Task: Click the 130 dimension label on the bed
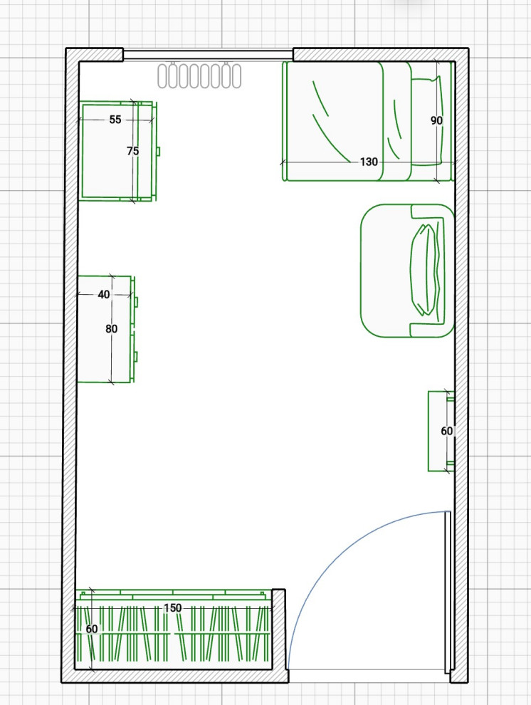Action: pyautogui.click(x=369, y=162)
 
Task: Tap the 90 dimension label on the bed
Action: pyautogui.click(x=436, y=120)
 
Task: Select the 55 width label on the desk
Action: pyautogui.click(x=115, y=120)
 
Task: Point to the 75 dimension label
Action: pyautogui.click(x=132, y=151)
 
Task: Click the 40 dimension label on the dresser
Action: pyautogui.click(x=104, y=295)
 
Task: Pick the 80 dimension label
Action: pyautogui.click(x=112, y=329)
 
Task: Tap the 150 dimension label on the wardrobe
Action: pyautogui.click(x=172, y=608)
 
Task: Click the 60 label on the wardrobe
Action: pyautogui.click(x=92, y=629)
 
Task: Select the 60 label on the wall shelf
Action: pyautogui.click(x=446, y=431)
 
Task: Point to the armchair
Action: pyautogui.click(x=407, y=271)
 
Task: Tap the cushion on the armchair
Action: pyautogui.click(x=424, y=269)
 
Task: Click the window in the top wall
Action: pyautogui.click(x=208, y=55)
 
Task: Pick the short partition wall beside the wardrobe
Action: pyautogui.click(x=279, y=630)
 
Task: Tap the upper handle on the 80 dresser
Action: pyautogui.click(x=136, y=302)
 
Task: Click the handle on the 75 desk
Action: pyautogui.click(x=158, y=152)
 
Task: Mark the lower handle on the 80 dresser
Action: pyautogui.click(x=136, y=357)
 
